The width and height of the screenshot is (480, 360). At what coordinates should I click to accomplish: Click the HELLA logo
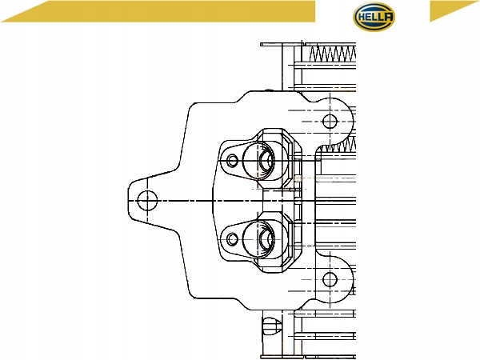[x=374, y=17]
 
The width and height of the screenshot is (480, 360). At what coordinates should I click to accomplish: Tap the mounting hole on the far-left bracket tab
[x=147, y=201]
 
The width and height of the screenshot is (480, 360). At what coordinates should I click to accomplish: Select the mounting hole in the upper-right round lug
[x=330, y=122]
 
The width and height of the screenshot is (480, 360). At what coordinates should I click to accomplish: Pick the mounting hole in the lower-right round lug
[x=330, y=279]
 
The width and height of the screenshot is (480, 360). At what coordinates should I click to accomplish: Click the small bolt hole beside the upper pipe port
[x=232, y=161]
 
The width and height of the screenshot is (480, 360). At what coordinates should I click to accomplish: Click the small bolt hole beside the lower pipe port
[x=232, y=239]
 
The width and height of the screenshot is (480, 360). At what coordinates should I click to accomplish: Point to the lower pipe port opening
[x=267, y=239]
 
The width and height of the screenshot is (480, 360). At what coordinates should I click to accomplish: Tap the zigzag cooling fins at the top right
[x=333, y=54]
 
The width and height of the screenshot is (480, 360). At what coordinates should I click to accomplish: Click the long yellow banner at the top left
[x=159, y=11]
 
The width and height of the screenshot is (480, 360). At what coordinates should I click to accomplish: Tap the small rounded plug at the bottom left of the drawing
[x=271, y=326]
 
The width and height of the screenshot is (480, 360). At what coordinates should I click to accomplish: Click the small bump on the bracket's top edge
[x=269, y=90]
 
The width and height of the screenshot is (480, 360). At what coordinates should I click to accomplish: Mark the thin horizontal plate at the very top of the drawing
[x=281, y=44]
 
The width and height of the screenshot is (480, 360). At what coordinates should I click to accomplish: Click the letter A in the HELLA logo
[x=388, y=17]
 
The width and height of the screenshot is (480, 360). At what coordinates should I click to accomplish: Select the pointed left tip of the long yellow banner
[x=2, y=22]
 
